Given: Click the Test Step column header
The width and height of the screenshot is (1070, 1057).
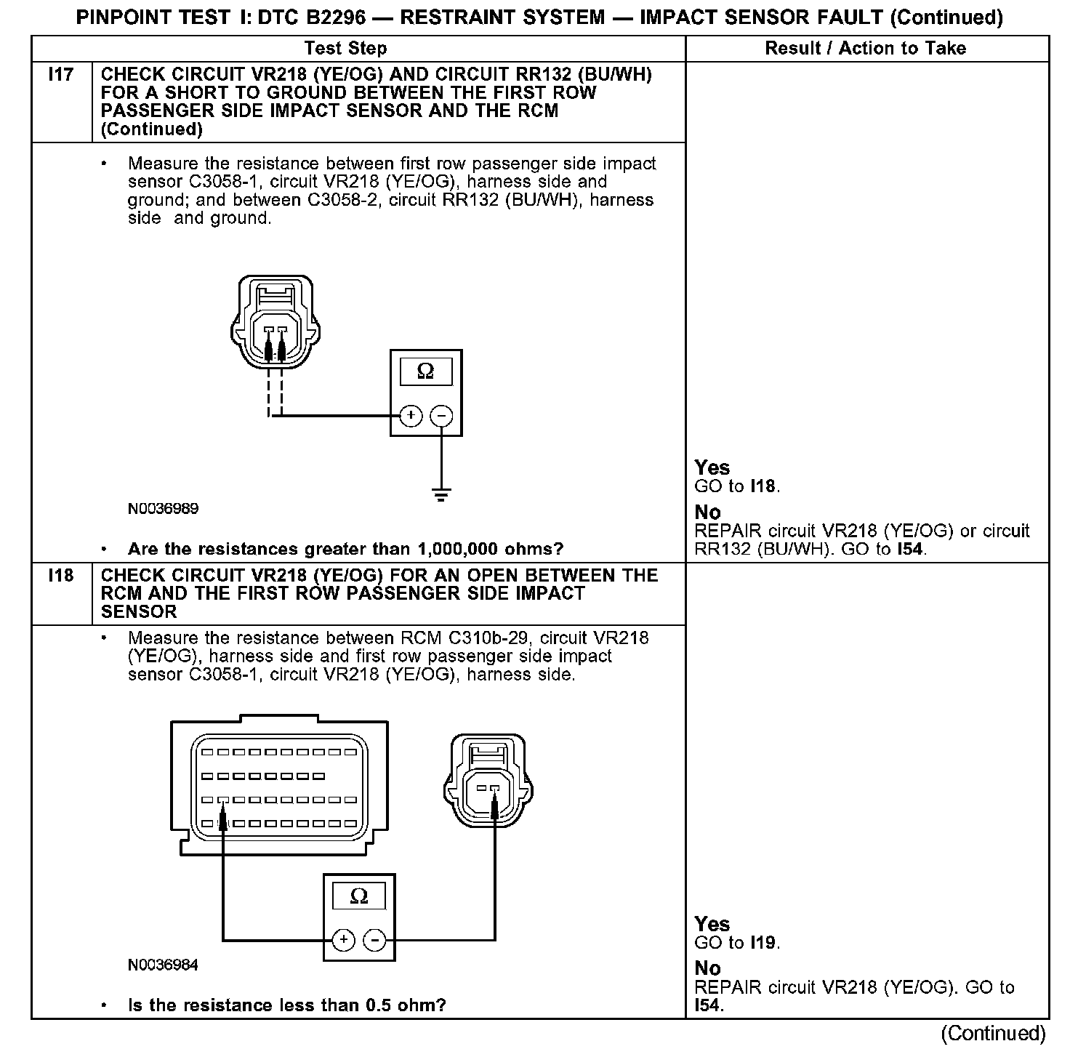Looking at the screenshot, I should (345, 49).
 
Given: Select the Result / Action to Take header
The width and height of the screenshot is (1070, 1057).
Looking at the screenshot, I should (865, 49).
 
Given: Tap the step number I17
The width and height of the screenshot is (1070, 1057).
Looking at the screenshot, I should (61, 75).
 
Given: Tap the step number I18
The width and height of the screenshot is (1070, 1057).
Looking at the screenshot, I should (61, 576).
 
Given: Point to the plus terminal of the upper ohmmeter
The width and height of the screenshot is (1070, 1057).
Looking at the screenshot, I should (411, 416).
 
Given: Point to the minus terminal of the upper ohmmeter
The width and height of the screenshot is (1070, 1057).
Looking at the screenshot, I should (441, 416).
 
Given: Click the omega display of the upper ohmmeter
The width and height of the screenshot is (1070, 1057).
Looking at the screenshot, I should (426, 372).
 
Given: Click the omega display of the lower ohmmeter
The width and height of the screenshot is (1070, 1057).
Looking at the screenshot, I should (359, 896).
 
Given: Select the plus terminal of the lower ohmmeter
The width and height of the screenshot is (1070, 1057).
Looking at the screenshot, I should (343, 940).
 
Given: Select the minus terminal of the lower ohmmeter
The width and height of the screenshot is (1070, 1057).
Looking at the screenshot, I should (374, 940).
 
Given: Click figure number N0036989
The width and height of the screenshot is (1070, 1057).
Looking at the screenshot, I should (163, 509).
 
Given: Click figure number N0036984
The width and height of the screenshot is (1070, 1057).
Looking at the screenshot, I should (163, 965).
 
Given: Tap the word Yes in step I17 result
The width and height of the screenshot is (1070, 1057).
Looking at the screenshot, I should (712, 467).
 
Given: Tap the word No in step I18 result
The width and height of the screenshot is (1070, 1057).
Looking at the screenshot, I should (707, 968).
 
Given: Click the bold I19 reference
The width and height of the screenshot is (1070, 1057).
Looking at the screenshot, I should (763, 944).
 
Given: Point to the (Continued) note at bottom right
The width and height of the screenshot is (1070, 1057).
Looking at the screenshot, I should (993, 1033).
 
